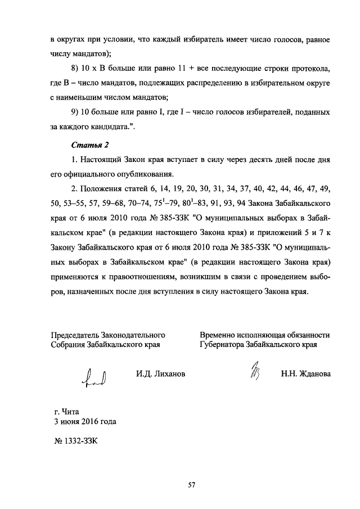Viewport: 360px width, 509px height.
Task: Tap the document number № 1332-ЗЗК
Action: pyautogui.click(x=74, y=440)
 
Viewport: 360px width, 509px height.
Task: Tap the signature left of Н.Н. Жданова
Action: pyautogui.click(x=254, y=373)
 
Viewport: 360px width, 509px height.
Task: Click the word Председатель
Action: pyautogui.click(x=77, y=335)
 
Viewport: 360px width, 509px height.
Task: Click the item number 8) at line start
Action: pyautogui.click(x=76, y=68)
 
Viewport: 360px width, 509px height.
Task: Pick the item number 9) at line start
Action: pyautogui.click(x=76, y=112)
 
